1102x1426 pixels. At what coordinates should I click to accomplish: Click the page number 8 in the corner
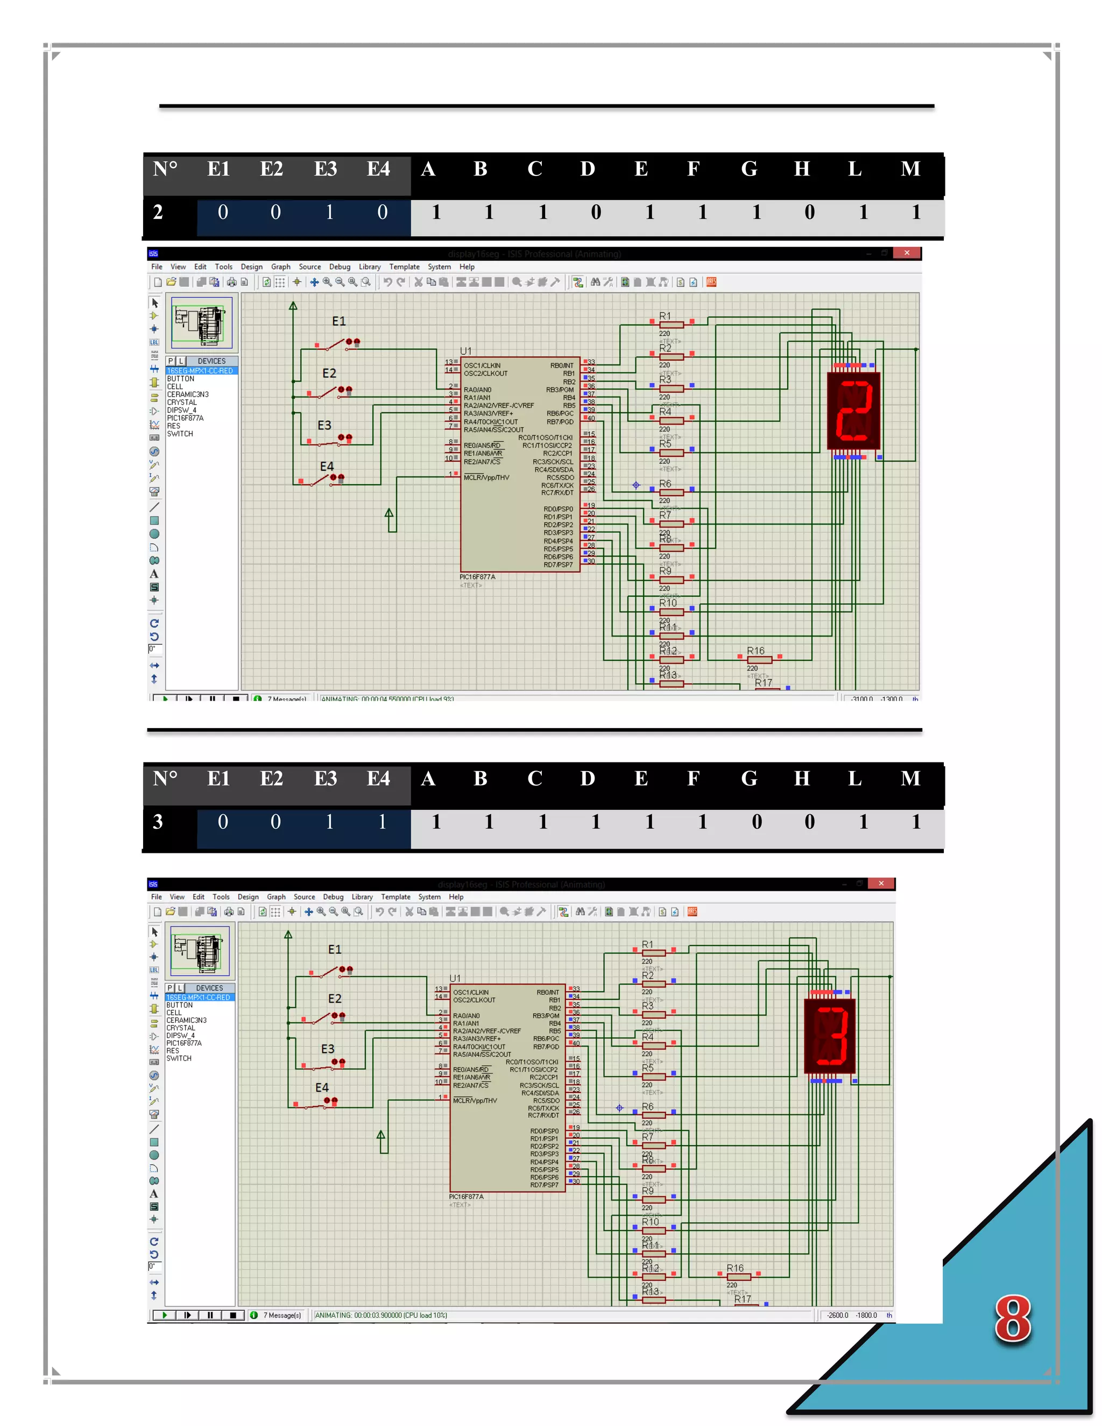1012,1319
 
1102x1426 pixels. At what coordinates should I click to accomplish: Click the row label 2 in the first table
158,212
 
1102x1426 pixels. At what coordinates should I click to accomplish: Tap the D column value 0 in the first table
596,212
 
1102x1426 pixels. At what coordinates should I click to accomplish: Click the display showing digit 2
853,411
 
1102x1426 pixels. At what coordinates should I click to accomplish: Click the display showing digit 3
830,1036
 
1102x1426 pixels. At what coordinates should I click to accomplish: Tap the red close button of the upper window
906,253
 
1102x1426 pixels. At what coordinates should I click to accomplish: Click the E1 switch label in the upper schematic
339,321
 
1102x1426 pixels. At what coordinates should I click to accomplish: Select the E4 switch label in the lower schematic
322,1088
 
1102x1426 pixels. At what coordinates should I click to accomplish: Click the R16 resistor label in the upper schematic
755,651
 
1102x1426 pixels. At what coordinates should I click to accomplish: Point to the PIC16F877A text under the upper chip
477,577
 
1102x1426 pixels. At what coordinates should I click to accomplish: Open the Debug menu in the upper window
340,267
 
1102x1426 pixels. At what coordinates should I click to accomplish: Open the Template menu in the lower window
395,897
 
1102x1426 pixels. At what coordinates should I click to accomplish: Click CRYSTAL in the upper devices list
181,402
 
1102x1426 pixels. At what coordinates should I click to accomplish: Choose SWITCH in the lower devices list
179,1058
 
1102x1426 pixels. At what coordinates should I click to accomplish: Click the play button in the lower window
165,1315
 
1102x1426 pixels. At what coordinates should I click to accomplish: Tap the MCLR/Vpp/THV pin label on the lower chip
475,1101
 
